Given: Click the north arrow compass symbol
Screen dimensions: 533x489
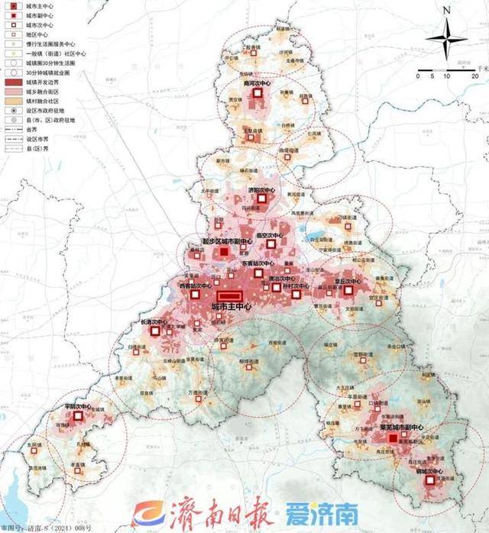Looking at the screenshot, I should click(x=446, y=38).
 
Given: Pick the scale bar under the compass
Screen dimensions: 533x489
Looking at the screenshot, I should click(x=442, y=70).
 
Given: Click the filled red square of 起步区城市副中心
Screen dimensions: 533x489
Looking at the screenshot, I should click(x=224, y=251).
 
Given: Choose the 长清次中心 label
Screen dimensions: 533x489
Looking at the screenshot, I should click(x=154, y=322).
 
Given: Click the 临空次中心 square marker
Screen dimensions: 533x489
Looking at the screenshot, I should click(x=271, y=244).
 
